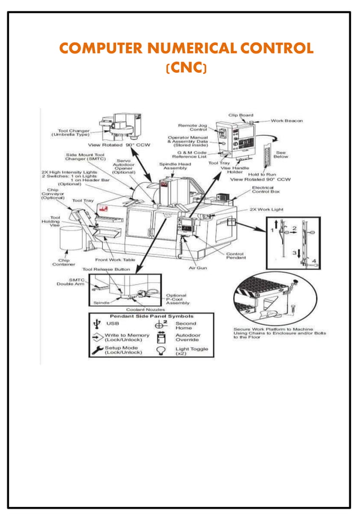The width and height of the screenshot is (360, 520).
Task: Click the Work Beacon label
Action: click(288, 120)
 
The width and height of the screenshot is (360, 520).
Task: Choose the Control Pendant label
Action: click(235, 256)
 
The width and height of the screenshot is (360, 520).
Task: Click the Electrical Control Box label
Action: click(263, 191)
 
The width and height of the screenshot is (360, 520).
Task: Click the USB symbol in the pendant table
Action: click(98, 324)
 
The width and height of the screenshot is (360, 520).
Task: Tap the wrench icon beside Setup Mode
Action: click(97, 351)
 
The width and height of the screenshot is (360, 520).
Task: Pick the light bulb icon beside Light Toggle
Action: click(160, 350)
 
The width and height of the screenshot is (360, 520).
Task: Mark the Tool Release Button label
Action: click(106, 270)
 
